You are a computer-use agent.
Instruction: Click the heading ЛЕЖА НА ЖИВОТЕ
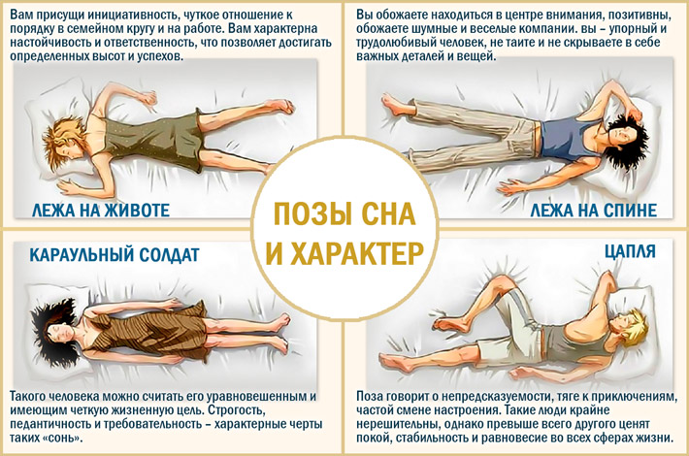(x=101, y=210)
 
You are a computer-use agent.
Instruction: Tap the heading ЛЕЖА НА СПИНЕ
(x=594, y=210)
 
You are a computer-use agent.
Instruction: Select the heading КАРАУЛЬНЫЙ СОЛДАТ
(x=115, y=254)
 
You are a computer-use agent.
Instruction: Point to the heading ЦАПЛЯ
(x=630, y=251)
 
